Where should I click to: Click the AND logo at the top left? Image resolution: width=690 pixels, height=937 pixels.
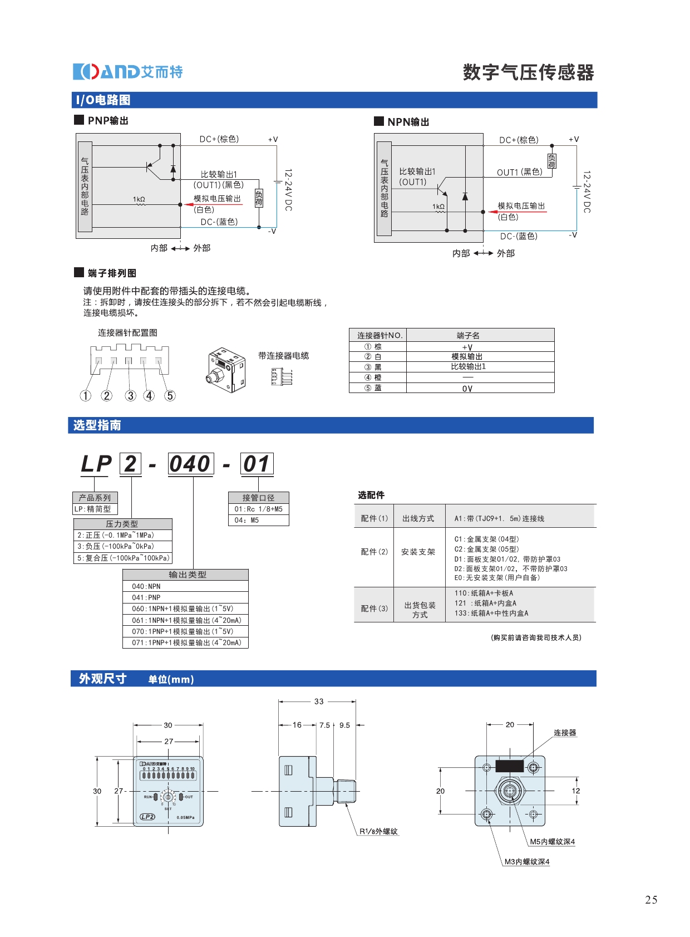coord(127,72)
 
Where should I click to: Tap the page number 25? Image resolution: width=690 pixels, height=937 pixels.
coord(651,900)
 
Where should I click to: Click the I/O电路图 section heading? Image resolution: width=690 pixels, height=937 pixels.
coord(103,100)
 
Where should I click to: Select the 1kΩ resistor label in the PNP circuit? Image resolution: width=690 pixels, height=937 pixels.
coord(139,199)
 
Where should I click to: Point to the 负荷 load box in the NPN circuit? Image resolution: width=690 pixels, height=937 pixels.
coord(551,161)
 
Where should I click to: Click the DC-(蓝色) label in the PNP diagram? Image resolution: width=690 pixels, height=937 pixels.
coord(219,222)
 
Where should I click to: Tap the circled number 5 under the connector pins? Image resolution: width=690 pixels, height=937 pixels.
coord(170,396)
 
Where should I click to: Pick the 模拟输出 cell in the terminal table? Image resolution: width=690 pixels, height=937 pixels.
coord(467,357)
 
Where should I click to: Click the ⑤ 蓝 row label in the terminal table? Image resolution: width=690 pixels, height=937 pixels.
coord(373,388)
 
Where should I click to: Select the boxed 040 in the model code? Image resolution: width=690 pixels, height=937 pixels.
coord(190,464)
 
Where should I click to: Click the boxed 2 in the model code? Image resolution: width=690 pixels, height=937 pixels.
coord(130,464)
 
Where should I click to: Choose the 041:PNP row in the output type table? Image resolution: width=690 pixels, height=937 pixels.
coord(146,597)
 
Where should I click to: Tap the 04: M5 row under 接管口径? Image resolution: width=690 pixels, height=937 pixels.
coord(247,521)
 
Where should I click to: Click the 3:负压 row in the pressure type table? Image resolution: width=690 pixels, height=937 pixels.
coord(116,547)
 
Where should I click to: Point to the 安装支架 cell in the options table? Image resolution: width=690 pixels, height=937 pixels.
coord(418,552)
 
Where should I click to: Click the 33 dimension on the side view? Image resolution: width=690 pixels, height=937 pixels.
coord(319,701)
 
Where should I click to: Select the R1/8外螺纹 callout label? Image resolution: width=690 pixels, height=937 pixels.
coord(378,832)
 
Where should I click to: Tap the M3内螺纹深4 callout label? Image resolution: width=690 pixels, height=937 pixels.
coord(526,862)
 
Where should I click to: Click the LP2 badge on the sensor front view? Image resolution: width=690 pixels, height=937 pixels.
coord(147,817)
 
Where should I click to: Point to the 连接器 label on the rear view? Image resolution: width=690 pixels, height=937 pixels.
coord(565,733)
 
